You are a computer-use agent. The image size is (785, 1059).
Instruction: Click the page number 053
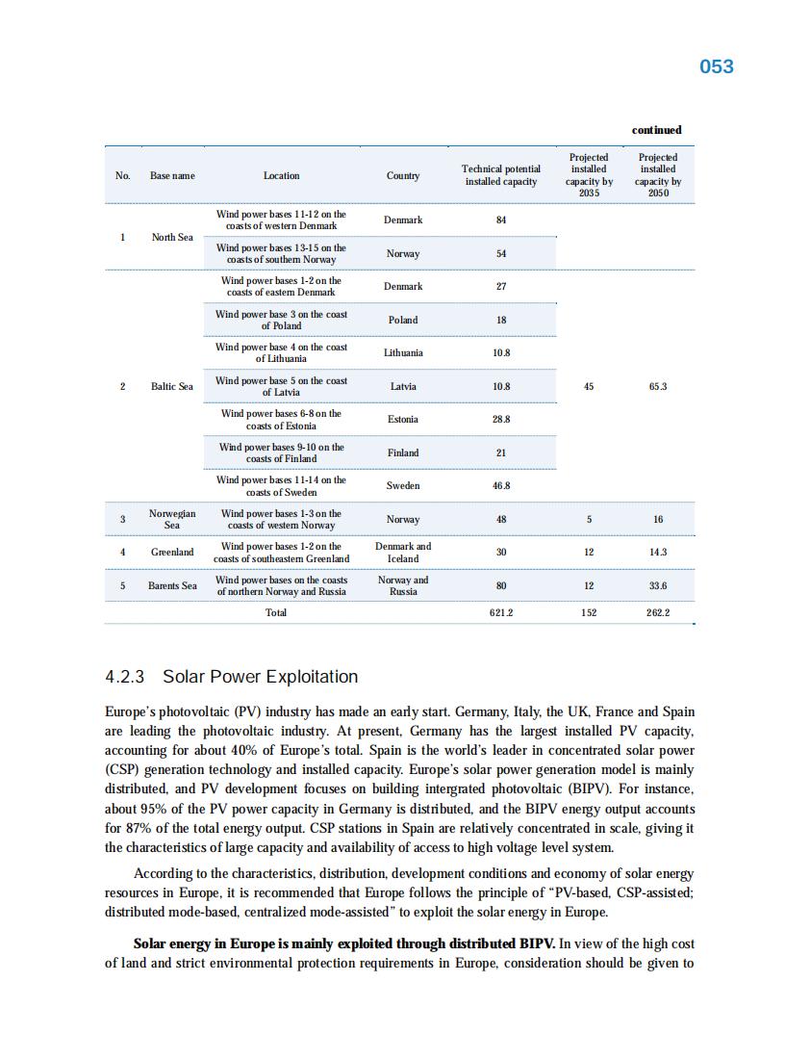coord(716,66)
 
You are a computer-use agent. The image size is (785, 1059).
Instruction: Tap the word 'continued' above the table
coord(656,130)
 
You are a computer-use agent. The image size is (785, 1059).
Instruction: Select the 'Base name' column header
coord(172,175)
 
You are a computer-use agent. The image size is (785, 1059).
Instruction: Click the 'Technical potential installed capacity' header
coord(500,175)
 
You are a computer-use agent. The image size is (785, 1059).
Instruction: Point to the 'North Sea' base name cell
coord(172,237)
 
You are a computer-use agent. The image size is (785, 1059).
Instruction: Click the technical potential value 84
coord(500,220)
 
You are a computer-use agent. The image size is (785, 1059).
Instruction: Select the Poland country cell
coord(403,320)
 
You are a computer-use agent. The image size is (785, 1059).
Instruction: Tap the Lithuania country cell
coord(403,352)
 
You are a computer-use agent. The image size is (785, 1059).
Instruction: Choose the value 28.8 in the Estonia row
coord(500,419)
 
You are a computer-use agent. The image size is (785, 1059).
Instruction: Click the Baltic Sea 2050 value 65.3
coord(658,386)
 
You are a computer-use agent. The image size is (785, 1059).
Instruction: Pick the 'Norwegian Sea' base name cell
coord(172,519)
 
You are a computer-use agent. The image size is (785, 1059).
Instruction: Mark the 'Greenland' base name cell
coord(172,553)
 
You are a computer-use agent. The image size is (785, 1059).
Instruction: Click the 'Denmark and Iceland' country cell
coord(403,553)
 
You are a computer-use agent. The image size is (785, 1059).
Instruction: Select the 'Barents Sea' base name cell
coord(172,585)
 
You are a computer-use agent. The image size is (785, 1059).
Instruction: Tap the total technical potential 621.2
coord(500,612)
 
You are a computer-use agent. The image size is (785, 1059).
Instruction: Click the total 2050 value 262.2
coord(658,612)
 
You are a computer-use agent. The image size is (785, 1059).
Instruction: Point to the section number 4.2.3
coord(125,677)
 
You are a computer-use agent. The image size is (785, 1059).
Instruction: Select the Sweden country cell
coord(403,486)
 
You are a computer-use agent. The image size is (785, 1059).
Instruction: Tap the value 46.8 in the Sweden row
coord(500,486)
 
